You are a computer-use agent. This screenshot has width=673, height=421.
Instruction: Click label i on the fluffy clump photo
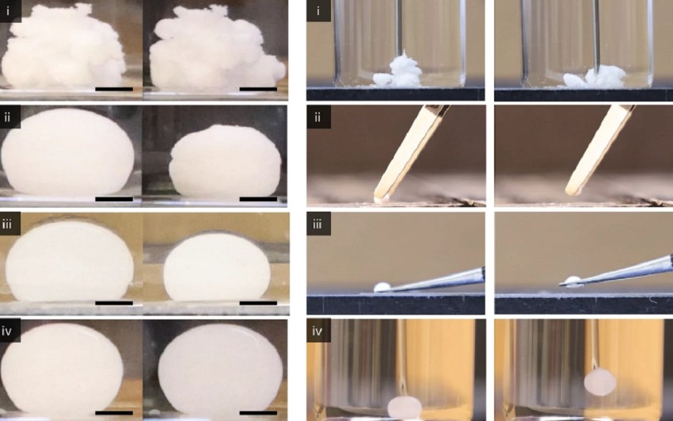click(7, 10)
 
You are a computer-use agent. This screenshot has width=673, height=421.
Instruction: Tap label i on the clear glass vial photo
click(317, 10)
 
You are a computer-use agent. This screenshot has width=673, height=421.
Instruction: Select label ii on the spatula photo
click(317, 117)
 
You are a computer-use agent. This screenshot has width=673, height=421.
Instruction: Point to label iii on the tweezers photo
click(317, 223)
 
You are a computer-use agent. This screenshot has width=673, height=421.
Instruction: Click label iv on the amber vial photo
click(317, 331)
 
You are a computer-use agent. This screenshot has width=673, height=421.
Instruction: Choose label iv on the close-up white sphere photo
click(7, 331)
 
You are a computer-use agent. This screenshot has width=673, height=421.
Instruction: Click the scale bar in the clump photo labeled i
click(114, 89)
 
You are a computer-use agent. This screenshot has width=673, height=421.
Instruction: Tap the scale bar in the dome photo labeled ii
click(114, 199)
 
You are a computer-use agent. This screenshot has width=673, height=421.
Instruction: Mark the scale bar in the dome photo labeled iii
click(114, 303)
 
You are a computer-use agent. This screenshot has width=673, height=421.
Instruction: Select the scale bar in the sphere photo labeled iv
click(114, 413)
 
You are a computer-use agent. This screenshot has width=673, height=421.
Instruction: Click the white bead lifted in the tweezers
click(572, 281)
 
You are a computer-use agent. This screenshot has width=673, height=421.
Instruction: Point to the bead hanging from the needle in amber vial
click(600, 382)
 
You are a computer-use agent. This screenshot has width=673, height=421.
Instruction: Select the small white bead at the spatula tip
click(379, 199)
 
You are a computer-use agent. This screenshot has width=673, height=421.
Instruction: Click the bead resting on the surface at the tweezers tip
click(381, 286)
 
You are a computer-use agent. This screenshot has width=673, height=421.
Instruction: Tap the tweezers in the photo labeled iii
click(434, 280)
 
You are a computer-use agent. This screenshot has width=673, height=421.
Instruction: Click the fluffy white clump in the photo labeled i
click(63, 48)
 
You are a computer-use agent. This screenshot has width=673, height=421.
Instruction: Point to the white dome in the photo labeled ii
click(68, 151)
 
